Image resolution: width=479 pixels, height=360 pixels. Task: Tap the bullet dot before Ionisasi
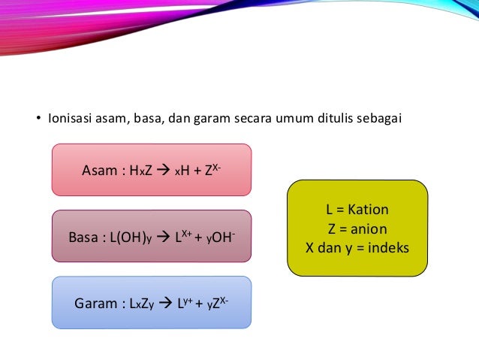pyautogui.click(x=40, y=119)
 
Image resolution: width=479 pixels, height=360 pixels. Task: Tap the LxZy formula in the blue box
pyautogui.click(x=142, y=304)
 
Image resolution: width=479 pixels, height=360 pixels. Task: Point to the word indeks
pyautogui.click(x=387, y=247)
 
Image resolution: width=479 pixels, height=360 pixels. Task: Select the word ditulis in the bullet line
pyautogui.click(x=336, y=118)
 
